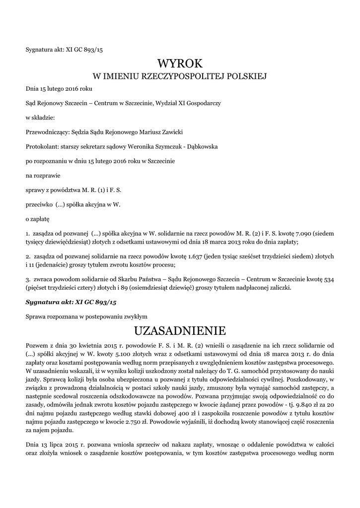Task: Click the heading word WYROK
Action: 180,63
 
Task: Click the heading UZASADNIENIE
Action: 180,330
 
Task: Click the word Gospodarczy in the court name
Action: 204,103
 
